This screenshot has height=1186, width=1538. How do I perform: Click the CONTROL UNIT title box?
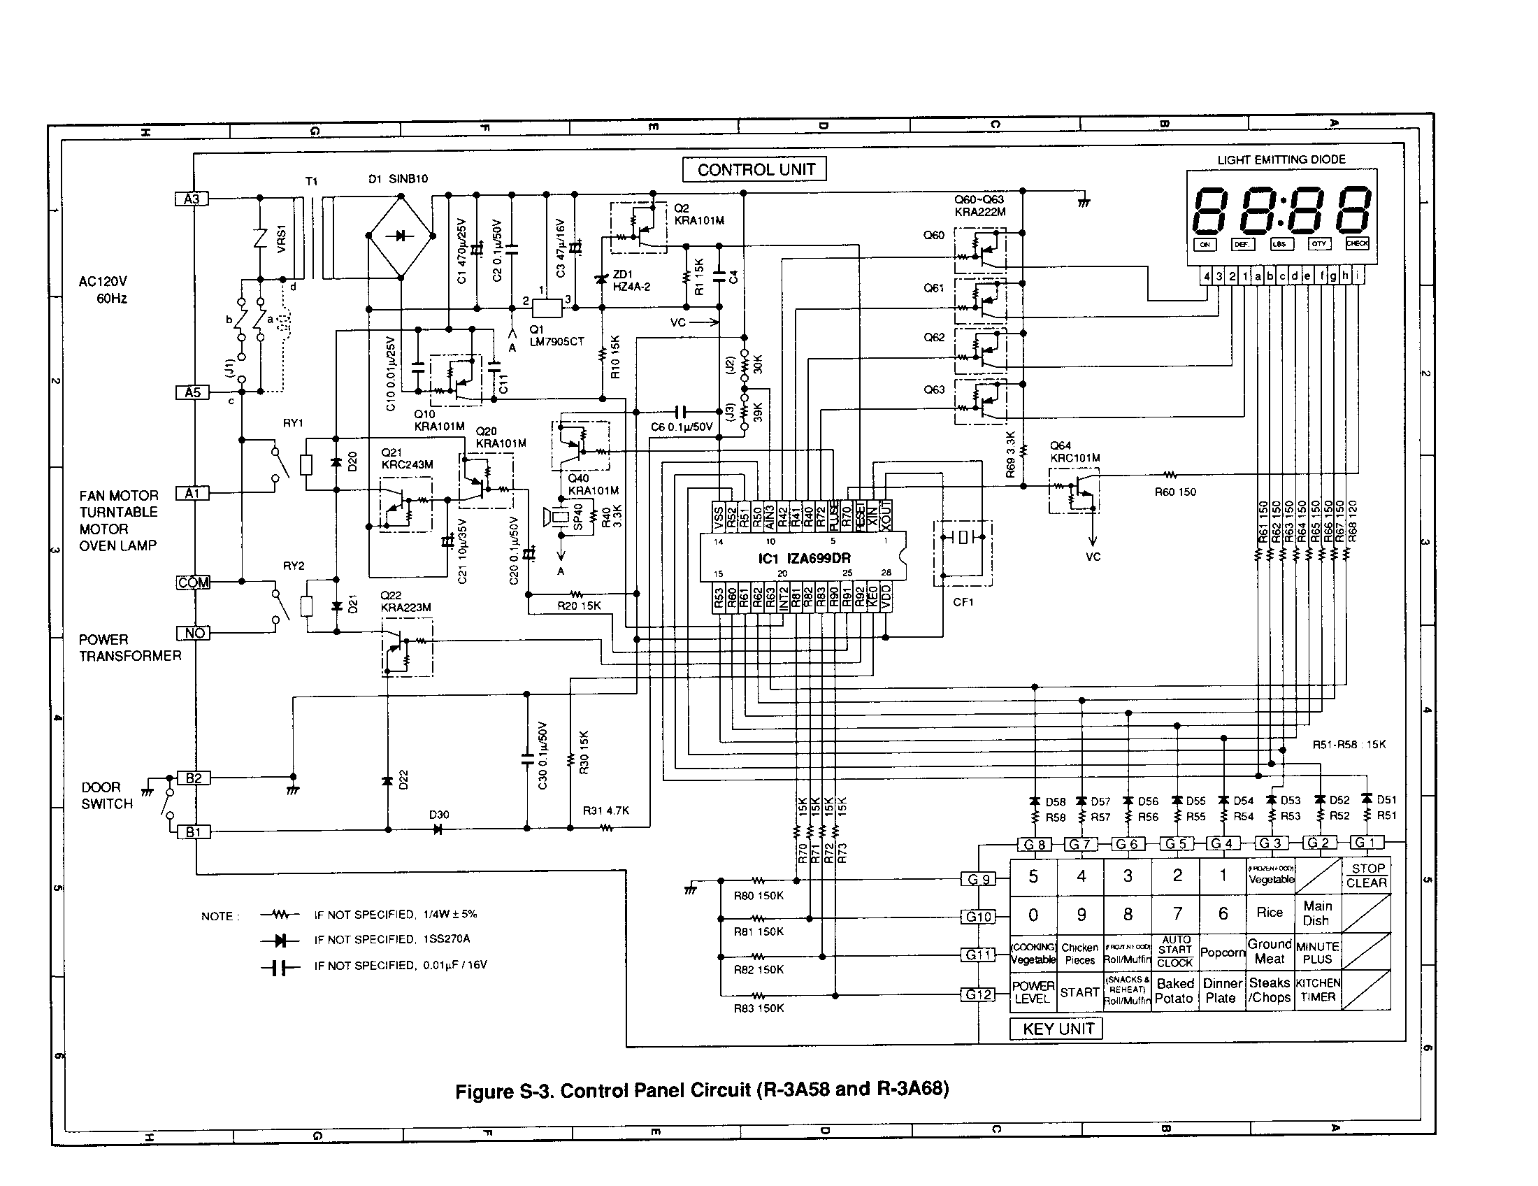pos(755,169)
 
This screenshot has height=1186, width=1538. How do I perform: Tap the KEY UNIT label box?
pos(1057,1029)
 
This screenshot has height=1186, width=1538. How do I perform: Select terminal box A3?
pos(192,199)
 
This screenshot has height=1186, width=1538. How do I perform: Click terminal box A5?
pos(192,392)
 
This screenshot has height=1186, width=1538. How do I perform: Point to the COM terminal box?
pos(193,583)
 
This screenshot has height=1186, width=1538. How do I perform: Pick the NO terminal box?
pos(194,633)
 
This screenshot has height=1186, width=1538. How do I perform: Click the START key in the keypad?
pos(1079,992)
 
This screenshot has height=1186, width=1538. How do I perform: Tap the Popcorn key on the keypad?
pos(1223,952)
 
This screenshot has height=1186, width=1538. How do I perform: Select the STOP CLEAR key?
pos(1367,876)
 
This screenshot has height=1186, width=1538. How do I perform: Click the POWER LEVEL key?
pos(1033,992)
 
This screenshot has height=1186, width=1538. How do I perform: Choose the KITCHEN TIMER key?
pos(1318,990)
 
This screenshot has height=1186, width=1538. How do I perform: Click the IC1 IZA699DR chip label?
pos(804,558)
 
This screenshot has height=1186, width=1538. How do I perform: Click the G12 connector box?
pos(979,994)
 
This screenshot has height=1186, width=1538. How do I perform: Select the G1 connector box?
pos(1366,843)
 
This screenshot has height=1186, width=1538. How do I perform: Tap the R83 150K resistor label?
pos(759,1008)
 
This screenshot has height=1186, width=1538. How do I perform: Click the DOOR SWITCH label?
pos(106,796)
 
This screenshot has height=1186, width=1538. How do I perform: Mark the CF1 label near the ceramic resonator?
pos(963,602)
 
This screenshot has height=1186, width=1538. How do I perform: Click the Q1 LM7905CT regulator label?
pos(556,336)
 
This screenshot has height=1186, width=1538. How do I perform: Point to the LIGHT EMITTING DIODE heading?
pos(1281,160)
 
